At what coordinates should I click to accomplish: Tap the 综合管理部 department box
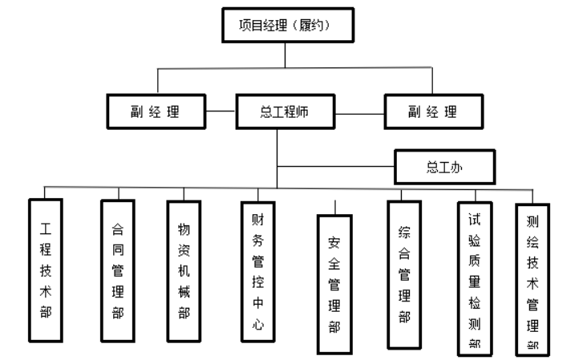click(403, 274)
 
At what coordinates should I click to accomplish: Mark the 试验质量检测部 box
click(475, 277)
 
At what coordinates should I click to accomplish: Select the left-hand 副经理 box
click(155, 111)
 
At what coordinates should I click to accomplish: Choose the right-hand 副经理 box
click(433, 111)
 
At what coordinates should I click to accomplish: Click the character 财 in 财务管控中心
click(257, 218)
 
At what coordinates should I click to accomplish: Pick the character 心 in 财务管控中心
click(257, 326)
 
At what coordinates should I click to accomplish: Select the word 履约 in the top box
click(311, 26)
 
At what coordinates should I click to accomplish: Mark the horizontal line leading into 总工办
click(337, 168)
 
